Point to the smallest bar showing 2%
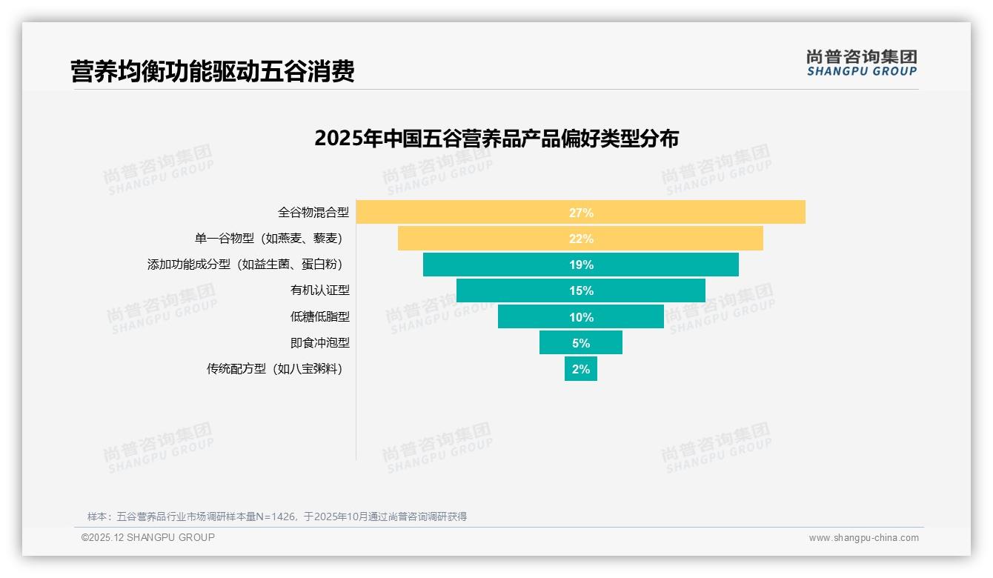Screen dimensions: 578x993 pos(580,368)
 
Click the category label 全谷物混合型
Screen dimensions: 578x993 pos(313,213)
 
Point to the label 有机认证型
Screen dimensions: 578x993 pos(319,290)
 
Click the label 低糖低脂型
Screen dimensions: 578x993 pos(319,316)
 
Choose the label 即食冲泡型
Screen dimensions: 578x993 pos(319,343)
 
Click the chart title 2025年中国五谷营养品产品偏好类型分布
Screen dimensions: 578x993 pos(496,139)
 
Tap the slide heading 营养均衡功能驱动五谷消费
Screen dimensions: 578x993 pos(213,71)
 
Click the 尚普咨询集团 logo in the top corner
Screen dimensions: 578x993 pos(861,63)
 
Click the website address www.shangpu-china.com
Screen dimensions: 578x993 pos(863,538)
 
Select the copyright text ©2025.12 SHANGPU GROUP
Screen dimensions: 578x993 pos(148,537)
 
